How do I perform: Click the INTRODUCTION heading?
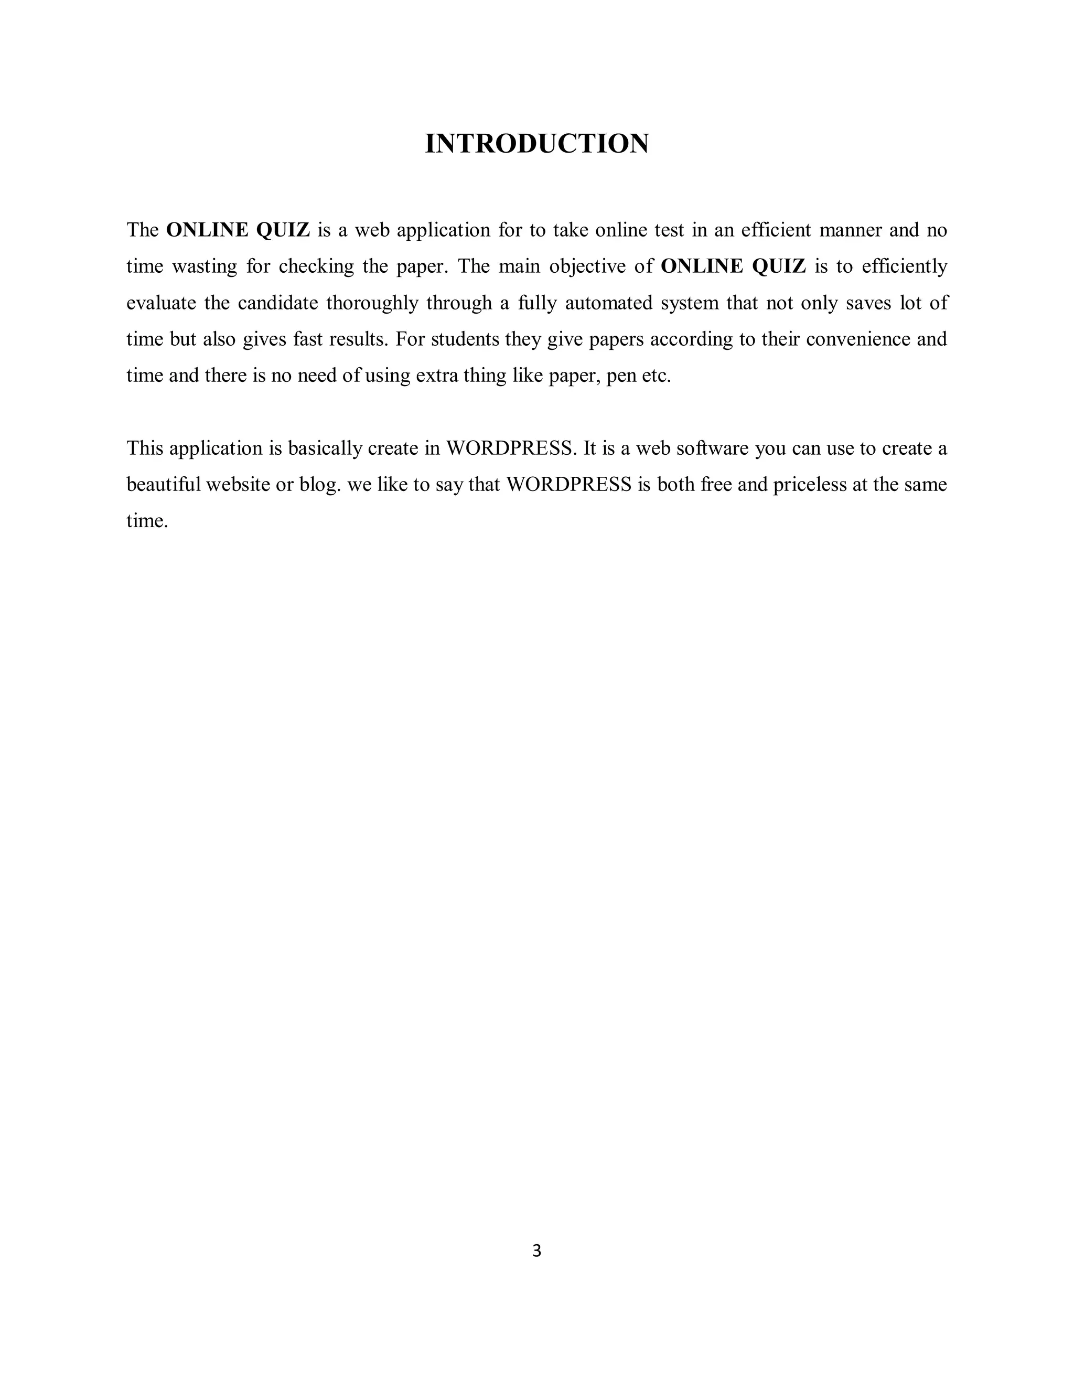point(536,144)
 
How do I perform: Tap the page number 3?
point(536,1250)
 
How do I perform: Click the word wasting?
point(205,266)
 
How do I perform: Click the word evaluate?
point(162,303)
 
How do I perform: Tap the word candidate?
point(278,303)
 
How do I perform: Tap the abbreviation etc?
point(657,376)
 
